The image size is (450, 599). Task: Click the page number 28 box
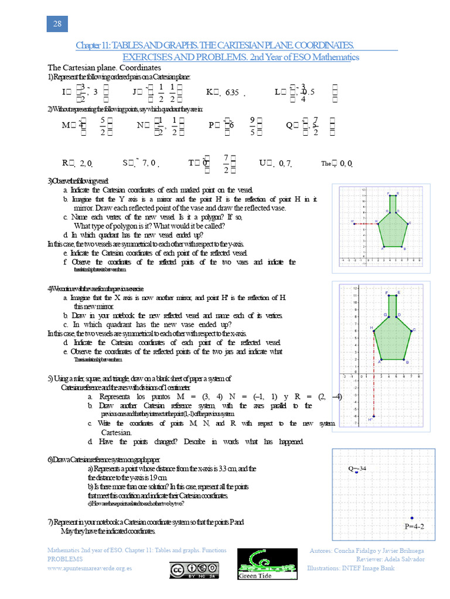pyautogui.click(x=57, y=23)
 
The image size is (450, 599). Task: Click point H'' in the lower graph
pyautogui.click(x=374, y=416)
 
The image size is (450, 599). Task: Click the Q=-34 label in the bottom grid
pyautogui.click(x=357, y=469)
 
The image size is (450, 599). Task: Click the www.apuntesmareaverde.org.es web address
pyautogui.click(x=89, y=568)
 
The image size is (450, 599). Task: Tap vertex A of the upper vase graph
pyautogui.click(x=383, y=246)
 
